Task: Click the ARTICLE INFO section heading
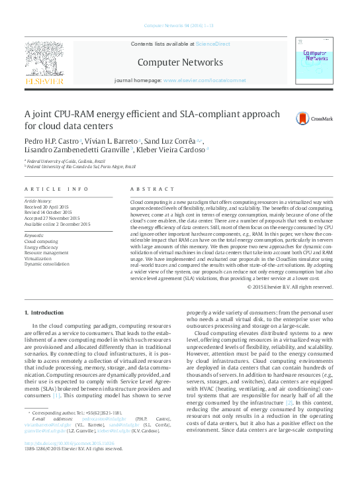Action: [x=56, y=189]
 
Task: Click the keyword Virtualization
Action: [x=40, y=258]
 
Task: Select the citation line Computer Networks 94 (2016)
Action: [x=179, y=25]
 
